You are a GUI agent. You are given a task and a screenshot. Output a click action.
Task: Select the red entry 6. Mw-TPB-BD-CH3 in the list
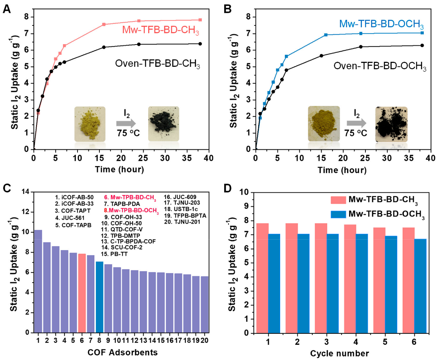click(130, 197)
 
